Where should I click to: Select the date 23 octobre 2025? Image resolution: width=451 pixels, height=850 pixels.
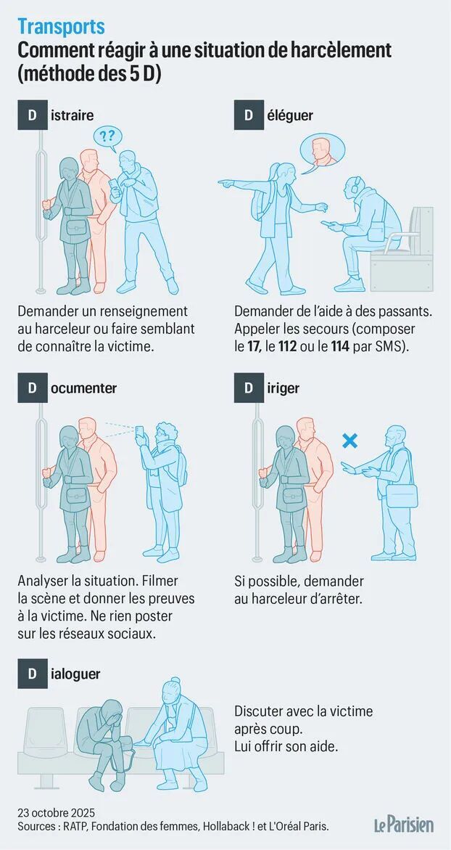pos(57,813)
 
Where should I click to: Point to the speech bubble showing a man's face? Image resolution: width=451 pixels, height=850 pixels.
pos(323,150)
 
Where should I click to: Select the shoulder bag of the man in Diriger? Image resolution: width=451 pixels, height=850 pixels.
pos(403,496)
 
